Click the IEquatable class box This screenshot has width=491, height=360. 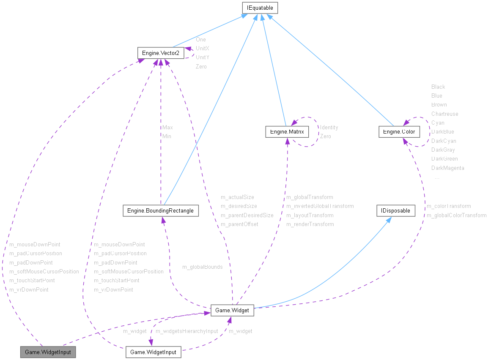coord(260,8)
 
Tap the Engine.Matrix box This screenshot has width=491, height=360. coord(287,132)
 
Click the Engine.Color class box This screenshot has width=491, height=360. coord(399,132)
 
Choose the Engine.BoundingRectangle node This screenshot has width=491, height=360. coord(161,210)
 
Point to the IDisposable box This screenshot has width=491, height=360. coord(396,210)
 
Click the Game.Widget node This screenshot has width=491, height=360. coord(232,311)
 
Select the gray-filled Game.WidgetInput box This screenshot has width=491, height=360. coord(48,352)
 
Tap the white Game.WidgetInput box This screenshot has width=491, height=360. coord(154,352)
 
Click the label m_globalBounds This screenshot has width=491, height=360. coord(202,267)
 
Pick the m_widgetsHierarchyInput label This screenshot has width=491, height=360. coord(187,331)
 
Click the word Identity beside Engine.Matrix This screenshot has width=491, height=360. coord(329,127)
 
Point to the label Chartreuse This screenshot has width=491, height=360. coord(444,114)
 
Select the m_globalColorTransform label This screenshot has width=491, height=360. coord(456,215)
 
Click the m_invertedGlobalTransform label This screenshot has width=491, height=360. coord(320,206)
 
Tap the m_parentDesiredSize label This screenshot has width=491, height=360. coord(247,215)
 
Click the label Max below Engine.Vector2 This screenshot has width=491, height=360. coord(167,127)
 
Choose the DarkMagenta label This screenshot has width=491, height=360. coord(447,168)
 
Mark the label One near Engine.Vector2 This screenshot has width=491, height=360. coord(200,39)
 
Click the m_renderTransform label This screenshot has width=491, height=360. coord(310,224)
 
